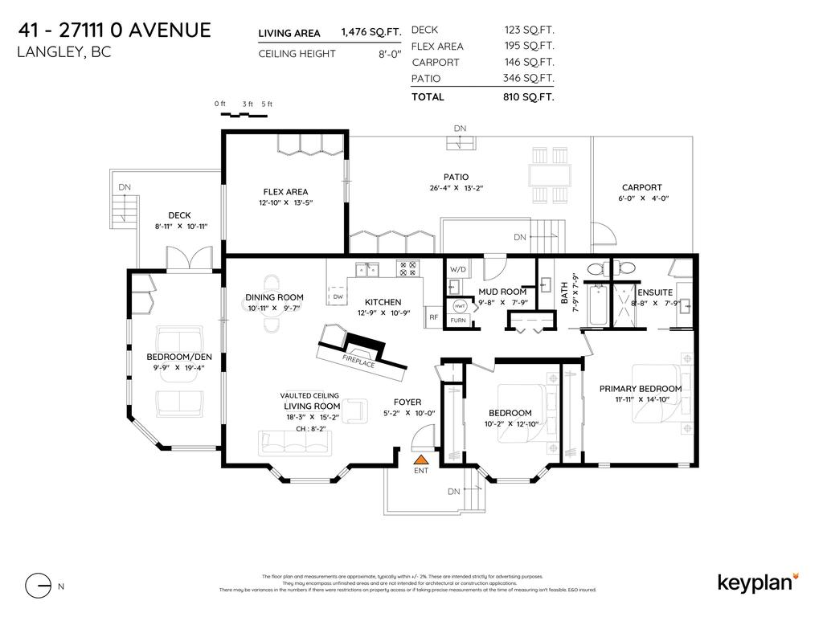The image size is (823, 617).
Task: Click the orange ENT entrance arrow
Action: pyautogui.click(x=420, y=460)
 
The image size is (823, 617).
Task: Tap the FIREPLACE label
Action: pyautogui.click(x=358, y=361)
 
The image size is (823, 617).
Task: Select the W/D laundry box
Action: pyautogui.click(x=458, y=269)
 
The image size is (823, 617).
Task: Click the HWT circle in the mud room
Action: pyautogui.click(x=460, y=306)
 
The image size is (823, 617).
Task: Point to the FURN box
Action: pyautogui.click(x=458, y=321)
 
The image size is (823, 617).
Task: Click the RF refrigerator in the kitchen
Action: pyautogui.click(x=433, y=317)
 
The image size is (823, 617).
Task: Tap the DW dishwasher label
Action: pyautogui.click(x=338, y=297)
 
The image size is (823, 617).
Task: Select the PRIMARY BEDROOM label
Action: pyautogui.click(x=641, y=389)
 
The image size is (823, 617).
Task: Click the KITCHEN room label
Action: pyautogui.click(x=383, y=302)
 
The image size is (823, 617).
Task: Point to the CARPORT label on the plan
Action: pyautogui.click(x=642, y=187)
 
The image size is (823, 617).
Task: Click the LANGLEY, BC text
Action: pyautogui.click(x=64, y=53)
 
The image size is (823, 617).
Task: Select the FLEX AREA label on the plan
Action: pyautogui.click(x=285, y=192)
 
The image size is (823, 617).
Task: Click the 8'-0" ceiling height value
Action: pyautogui.click(x=388, y=54)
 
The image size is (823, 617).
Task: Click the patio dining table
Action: pyautogui.click(x=550, y=174)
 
